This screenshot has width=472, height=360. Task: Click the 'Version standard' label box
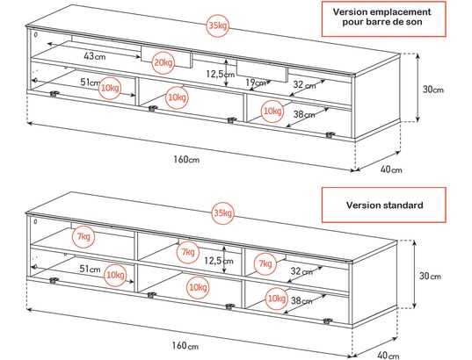[384, 205]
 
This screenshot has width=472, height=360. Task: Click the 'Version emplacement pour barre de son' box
[384, 19]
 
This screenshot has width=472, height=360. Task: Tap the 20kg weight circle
[163, 62]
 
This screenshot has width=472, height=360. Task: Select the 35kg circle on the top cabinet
[218, 25]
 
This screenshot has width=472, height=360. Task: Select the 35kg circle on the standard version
[222, 213]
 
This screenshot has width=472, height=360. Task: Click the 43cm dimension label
[95, 56]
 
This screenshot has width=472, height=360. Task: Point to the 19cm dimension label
[256, 83]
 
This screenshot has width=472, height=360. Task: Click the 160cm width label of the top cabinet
[186, 159]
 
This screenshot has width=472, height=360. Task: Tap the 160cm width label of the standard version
[185, 345]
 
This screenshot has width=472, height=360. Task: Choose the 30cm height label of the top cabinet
[433, 90]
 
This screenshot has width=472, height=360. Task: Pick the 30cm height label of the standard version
[430, 276]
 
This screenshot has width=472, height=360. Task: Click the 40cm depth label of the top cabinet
[391, 169]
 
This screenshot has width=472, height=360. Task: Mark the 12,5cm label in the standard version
[219, 261]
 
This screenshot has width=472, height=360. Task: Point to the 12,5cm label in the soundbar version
[221, 74]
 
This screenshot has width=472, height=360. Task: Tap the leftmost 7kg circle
[84, 236]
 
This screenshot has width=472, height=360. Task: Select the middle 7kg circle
[188, 252]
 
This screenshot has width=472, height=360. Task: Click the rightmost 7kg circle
[265, 263]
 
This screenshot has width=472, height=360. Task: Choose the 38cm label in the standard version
[301, 300]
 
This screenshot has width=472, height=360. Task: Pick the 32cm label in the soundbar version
[305, 85]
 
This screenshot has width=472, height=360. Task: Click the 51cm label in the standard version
[90, 269]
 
